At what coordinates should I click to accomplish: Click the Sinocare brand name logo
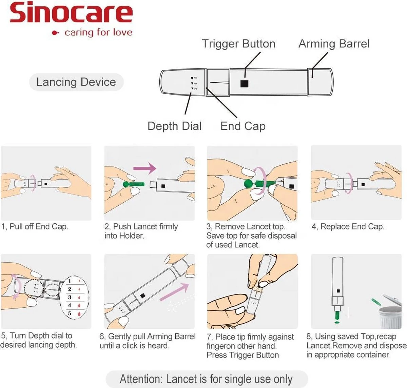[x=71, y=13]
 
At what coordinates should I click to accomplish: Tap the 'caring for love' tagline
[x=98, y=33]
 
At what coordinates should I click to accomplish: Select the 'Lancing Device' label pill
[x=76, y=82]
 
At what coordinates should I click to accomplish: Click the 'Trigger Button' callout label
[x=238, y=44]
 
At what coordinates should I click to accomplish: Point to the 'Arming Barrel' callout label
[x=334, y=44]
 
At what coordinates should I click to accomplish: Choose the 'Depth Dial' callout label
[x=174, y=126]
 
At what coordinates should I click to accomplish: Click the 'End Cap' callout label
[x=243, y=126]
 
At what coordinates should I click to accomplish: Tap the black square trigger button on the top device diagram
[x=244, y=83]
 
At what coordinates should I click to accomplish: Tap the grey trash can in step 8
[x=390, y=317]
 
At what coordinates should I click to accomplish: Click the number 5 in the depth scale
[x=70, y=313]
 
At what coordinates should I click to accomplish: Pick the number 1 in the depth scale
[x=70, y=281]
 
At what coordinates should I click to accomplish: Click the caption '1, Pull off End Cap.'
[x=35, y=227]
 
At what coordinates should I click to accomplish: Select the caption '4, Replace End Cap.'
[x=348, y=227]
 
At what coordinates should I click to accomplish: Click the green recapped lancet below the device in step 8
[x=337, y=315]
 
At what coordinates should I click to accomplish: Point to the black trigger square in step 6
[x=143, y=295]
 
